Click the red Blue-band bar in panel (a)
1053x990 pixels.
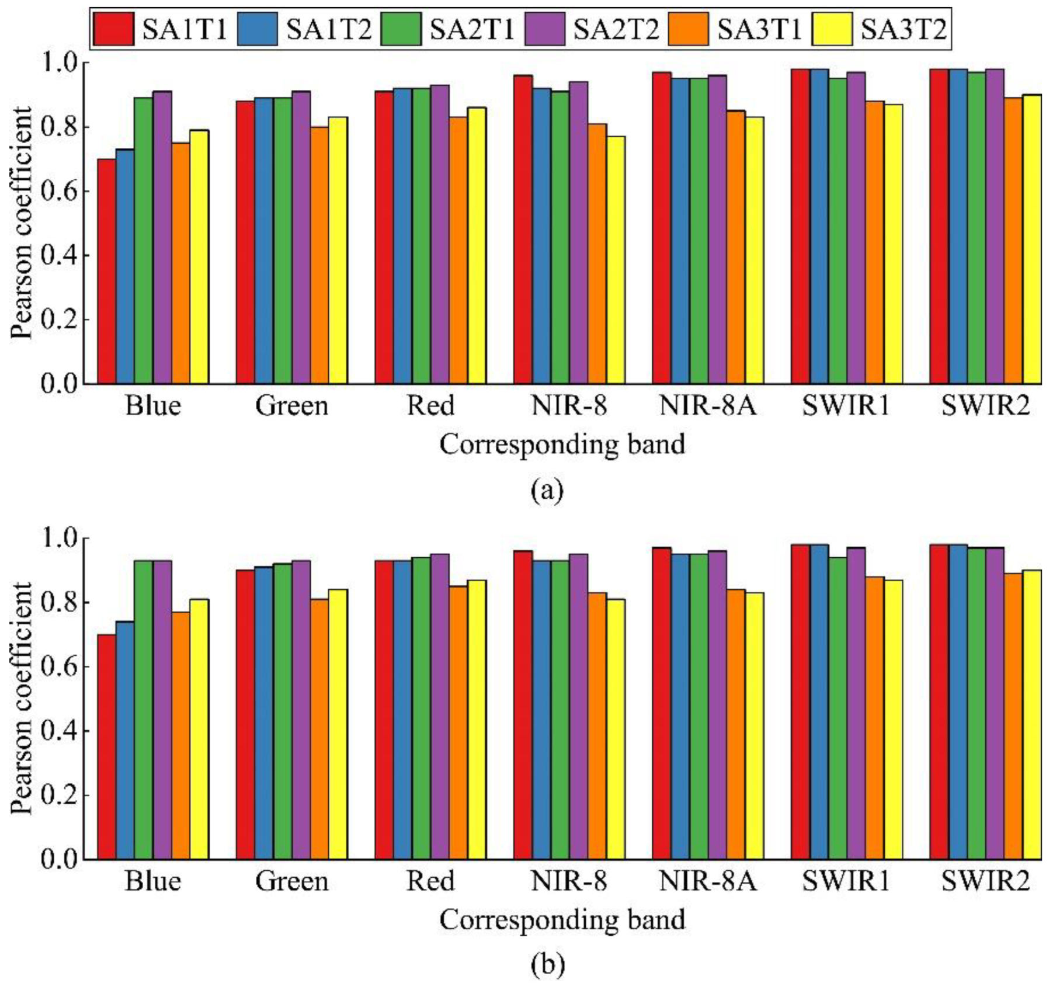[106, 272]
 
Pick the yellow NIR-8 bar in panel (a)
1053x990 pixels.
[616, 260]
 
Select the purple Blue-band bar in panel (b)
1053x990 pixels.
[162, 710]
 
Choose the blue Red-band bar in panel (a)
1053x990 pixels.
[402, 236]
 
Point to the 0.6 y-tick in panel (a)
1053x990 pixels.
[58, 192]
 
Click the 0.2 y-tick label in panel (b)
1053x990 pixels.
[58, 796]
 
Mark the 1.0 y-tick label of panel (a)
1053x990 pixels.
[58, 62]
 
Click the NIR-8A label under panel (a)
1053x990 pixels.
[707, 405]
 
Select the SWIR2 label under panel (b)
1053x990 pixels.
[985, 881]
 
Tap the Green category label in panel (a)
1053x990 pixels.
[291, 405]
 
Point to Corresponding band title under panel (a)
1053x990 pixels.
[562, 444]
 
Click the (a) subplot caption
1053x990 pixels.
[547, 489]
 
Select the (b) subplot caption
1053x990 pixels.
[547, 965]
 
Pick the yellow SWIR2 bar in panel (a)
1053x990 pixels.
[1032, 239]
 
